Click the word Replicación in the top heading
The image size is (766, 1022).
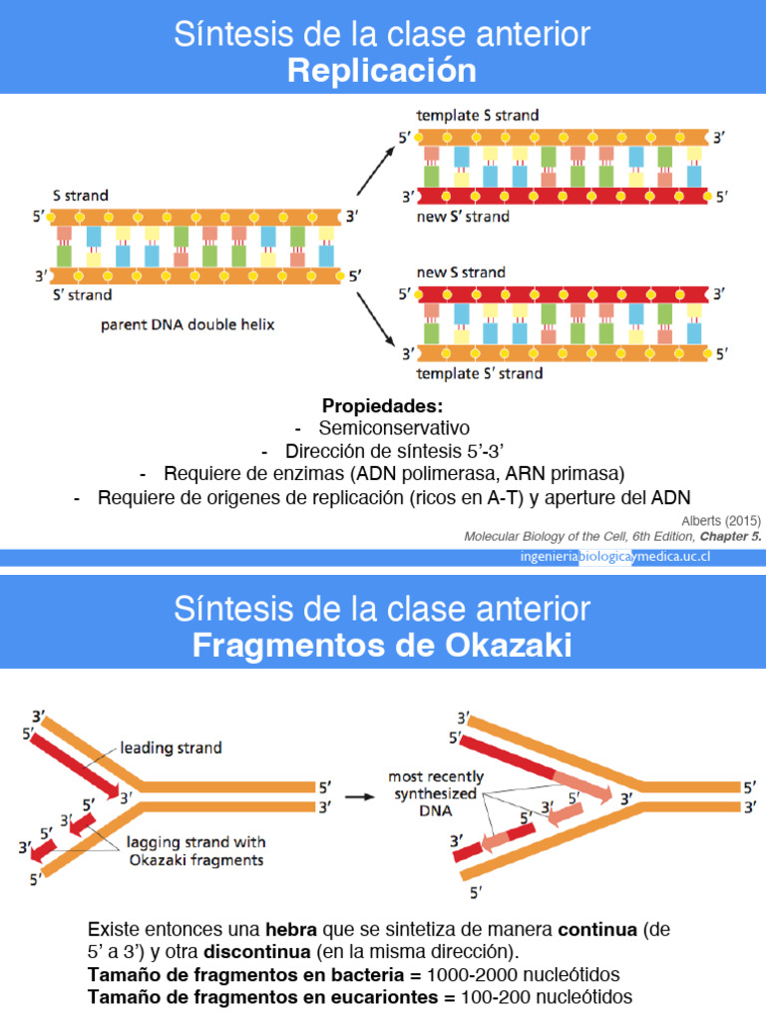point(382,71)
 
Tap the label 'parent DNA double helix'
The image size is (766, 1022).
point(188,324)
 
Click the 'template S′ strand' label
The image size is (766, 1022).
point(479,373)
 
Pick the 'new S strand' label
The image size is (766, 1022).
point(461,272)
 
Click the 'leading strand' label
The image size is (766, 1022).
point(171,747)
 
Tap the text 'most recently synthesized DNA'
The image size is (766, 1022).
point(436,794)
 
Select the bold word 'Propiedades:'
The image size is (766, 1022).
point(382,407)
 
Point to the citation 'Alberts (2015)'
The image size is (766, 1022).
point(721,520)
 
